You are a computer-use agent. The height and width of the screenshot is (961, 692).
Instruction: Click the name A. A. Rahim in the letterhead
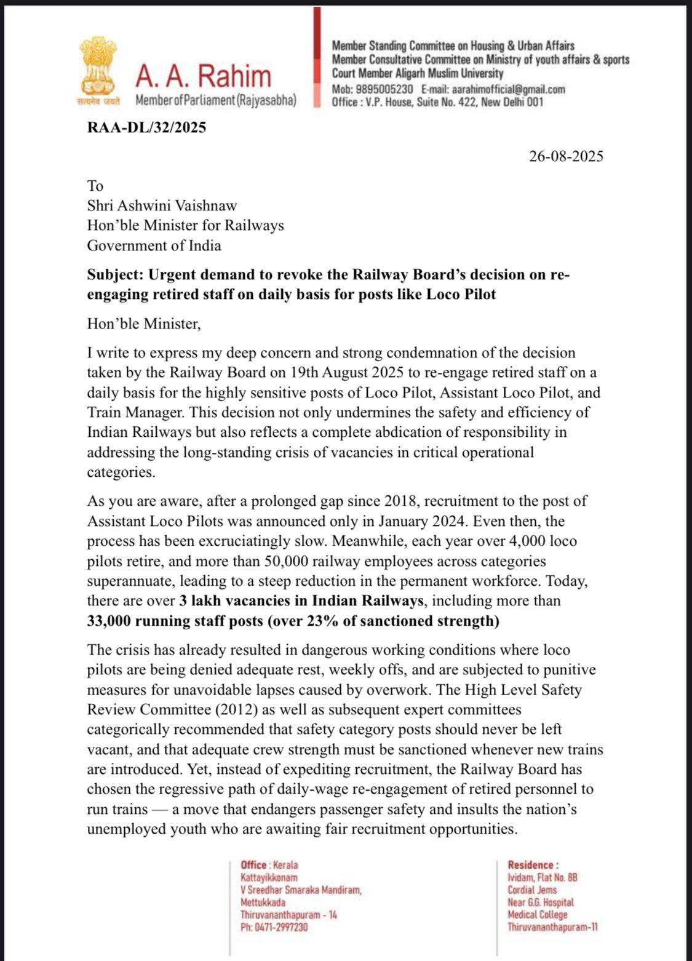(203, 76)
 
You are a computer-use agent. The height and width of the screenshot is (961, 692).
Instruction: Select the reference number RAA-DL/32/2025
(146, 127)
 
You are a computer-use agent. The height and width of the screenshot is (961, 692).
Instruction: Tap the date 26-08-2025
(566, 156)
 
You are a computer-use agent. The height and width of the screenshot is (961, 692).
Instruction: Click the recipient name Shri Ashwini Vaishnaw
(162, 205)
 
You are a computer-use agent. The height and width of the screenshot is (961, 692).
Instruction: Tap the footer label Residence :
(533, 865)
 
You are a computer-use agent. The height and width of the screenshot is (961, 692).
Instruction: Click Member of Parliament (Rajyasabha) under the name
(215, 100)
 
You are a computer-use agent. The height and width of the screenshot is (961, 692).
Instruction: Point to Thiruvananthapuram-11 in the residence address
(552, 927)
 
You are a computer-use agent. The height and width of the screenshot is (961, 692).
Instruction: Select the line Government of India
(154, 245)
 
